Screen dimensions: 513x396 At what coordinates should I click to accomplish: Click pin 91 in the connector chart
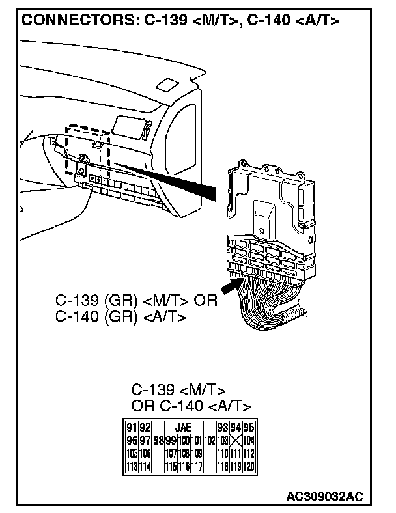(131, 428)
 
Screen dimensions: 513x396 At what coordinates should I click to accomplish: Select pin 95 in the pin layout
(248, 428)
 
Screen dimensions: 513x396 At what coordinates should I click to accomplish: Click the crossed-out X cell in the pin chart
(236, 440)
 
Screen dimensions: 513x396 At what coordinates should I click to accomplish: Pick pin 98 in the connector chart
(158, 440)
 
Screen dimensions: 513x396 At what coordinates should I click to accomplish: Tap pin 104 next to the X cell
(248, 440)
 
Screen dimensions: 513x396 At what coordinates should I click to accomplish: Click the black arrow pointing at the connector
(230, 284)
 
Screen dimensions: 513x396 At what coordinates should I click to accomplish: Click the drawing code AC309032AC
(324, 497)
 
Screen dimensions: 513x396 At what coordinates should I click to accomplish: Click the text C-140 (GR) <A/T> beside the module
(121, 317)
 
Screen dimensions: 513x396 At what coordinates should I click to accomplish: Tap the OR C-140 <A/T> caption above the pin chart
(191, 406)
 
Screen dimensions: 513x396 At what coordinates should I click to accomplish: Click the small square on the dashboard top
(167, 85)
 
